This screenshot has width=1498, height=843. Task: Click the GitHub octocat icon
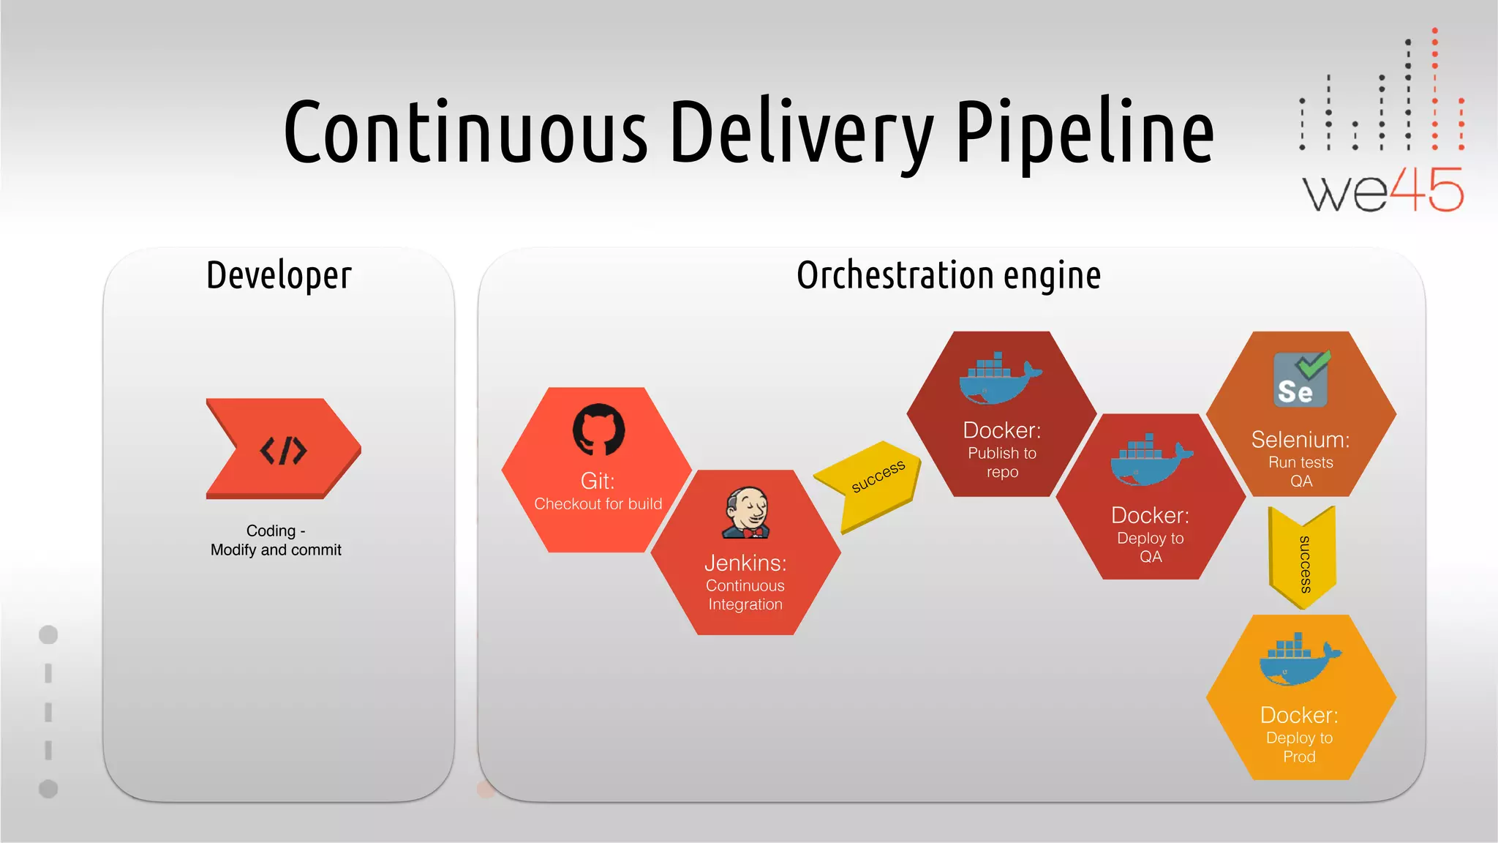(598, 430)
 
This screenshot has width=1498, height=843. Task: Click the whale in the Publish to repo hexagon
(998, 379)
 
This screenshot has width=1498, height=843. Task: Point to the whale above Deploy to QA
(1150, 461)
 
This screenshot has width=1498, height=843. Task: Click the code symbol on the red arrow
(283, 450)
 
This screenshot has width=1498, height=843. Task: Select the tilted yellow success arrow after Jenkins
(870, 483)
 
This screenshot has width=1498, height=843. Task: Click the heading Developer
(279, 277)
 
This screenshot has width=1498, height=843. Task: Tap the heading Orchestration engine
(949, 277)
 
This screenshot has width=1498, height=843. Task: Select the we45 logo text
(1382, 190)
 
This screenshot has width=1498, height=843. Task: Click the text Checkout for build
(598, 504)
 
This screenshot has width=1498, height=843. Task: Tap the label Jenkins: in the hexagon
(745, 563)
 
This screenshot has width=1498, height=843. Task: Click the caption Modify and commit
(276, 550)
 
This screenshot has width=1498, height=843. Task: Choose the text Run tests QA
(1301, 472)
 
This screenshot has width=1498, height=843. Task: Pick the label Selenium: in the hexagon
(1300, 440)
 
